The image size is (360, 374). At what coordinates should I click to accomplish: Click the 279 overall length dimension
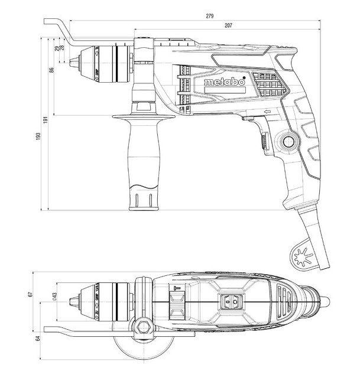pyautogui.click(x=209, y=16)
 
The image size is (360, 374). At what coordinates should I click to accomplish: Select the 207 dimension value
pyautogui.click(x=228, y=25)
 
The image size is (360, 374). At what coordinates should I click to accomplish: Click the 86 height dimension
pyautogui.click(x=52, y=70)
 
